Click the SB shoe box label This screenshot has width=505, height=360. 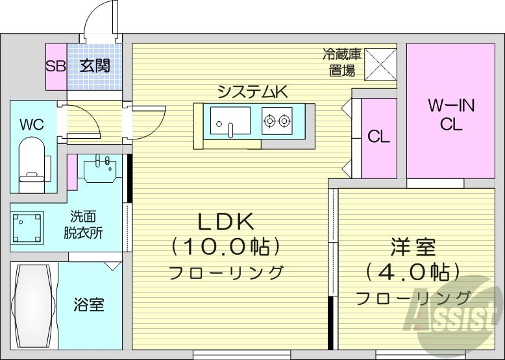(55, 66)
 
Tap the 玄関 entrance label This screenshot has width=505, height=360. (95, 66)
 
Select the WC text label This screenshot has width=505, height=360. (31, 124)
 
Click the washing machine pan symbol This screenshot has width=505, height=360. (27, 228)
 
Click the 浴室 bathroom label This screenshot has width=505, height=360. (88, 304)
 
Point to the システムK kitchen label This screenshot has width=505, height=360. (252, 91)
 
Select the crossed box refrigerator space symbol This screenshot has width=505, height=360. (380, 64)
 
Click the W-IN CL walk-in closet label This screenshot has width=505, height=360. (450, 115)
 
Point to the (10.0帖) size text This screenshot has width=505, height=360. (225, 246)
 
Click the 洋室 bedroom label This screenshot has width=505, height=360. (413, 246)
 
